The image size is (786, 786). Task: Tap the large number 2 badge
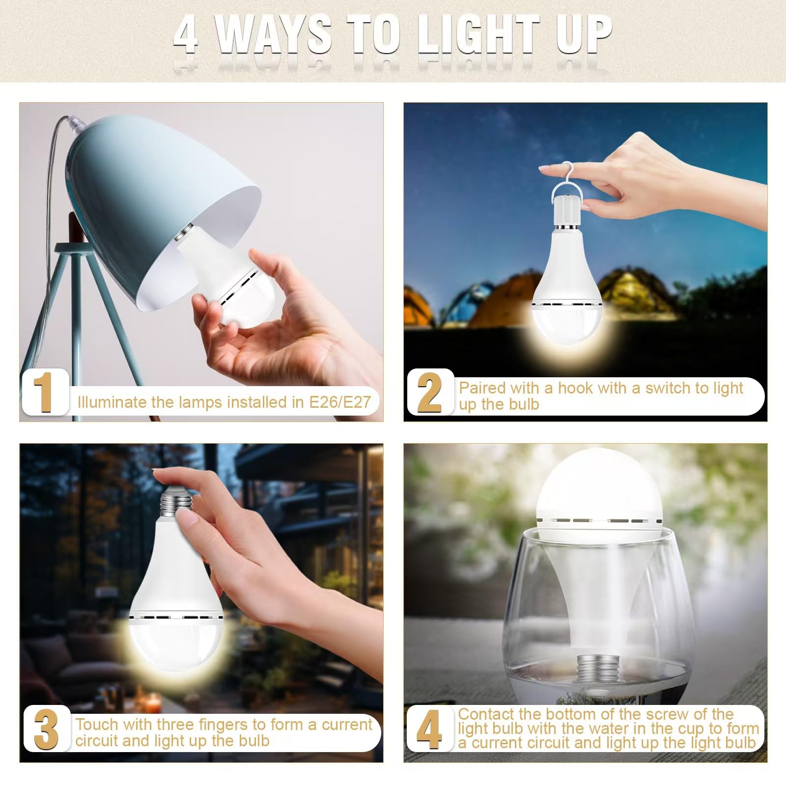429,392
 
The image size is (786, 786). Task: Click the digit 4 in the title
186,35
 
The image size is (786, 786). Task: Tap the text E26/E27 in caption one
339,402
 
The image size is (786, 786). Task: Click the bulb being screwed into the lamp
231,290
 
